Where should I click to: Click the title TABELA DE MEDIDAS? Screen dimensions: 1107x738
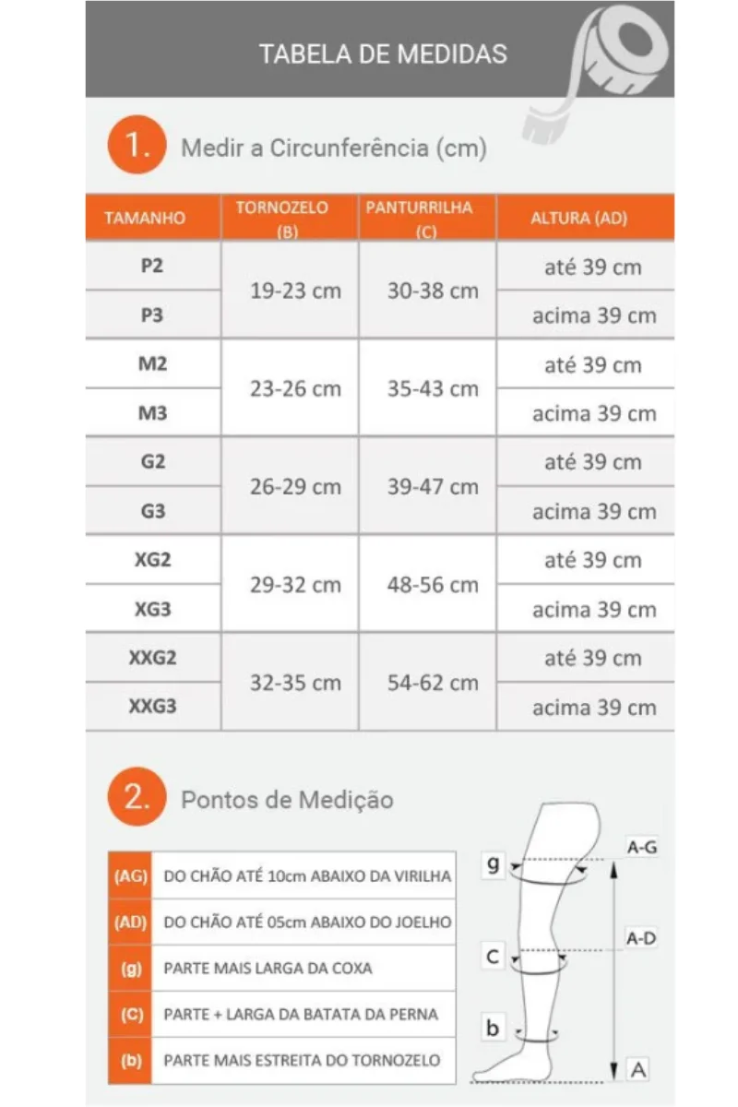click(383, 54)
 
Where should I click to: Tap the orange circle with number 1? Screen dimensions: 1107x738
click(137, 146)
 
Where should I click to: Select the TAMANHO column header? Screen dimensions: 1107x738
click(145, 219)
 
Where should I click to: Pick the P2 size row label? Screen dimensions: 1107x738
click(152, 266)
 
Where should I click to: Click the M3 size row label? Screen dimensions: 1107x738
click(152, 413)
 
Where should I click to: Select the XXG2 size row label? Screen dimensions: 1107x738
click(152, 658)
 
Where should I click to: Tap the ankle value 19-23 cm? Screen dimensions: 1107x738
click(295, 291)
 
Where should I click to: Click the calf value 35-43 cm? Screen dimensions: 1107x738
click(433, 388)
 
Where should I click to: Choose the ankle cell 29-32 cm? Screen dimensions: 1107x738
click(295, 585)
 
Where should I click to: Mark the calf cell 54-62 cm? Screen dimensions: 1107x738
click(433, 683)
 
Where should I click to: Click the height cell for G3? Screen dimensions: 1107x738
click(593, 512)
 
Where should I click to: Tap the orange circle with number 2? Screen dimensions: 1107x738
click(137, 798)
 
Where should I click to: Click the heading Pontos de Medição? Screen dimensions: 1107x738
click(287, 799)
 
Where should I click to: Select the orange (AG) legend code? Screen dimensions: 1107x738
click(130, 875)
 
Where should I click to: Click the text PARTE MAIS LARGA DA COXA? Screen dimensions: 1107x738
click(268, 969)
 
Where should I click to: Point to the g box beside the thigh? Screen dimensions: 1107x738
click(494, 864)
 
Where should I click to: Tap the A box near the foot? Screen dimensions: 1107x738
click(637, 1069)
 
